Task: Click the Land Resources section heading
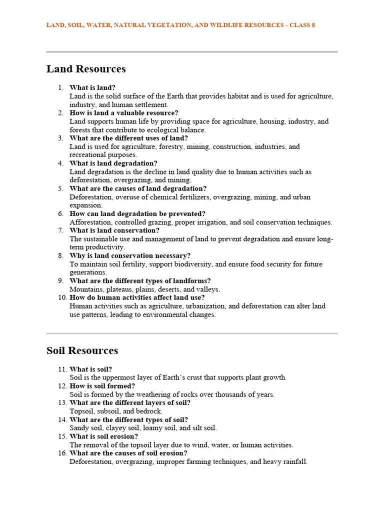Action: pos(86,69)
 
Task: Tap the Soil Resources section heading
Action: pos(82,350)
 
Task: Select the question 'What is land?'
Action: pos(92,87)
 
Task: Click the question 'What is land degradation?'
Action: pos(113,163)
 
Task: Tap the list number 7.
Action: pos(60,230)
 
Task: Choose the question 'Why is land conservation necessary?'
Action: pos(130,255)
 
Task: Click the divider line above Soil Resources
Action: pos(192,333)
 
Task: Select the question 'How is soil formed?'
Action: pos(102,386)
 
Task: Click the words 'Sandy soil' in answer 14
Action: pos(86,428)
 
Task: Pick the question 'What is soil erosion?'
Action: pos(103,436)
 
